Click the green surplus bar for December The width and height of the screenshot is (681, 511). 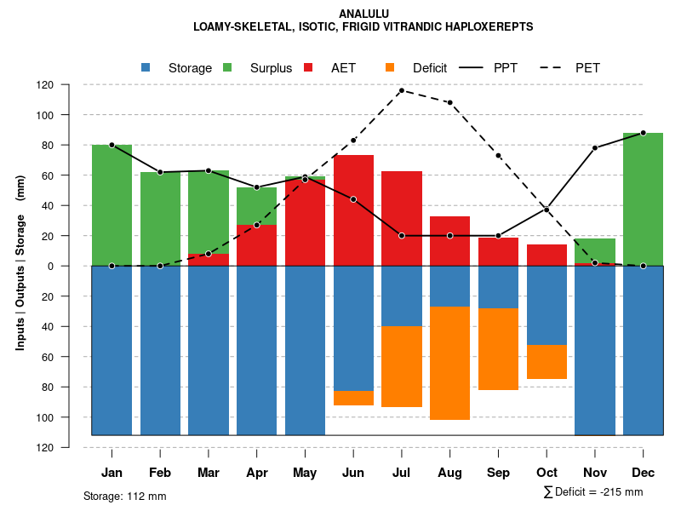[643, 199]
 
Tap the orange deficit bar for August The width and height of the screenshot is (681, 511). [449, 363]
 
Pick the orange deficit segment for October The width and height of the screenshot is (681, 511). [547, 362]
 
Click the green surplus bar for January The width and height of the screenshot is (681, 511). [112, 205]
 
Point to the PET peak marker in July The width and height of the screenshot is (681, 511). [401, 90]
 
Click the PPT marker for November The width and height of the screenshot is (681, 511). [595, 148]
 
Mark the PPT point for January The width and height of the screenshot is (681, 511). [112, 145]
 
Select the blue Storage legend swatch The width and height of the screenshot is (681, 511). [146, 67]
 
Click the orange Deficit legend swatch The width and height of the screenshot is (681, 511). [390, 67]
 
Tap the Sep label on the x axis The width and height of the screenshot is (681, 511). [498, 473]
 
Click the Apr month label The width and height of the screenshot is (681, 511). [256, 473]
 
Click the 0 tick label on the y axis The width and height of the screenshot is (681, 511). [74, 266]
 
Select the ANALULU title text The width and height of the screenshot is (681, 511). [363, 14]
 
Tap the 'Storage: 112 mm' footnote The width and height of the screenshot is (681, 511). [124, 496]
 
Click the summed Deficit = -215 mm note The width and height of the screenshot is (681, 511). [593, 492]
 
